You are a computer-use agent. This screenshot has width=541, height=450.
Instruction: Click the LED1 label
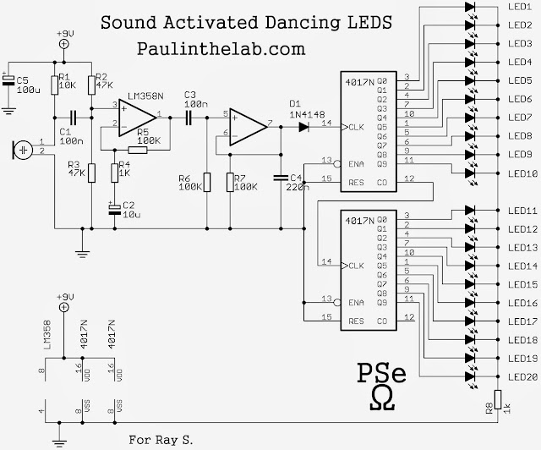[x=520, y=7]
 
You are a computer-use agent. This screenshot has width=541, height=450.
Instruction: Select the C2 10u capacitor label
[x=128, y=210]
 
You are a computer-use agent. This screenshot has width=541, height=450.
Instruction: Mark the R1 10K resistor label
[x=64, y=81]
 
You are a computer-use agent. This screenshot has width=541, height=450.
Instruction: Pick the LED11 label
[x=520, y=210]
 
